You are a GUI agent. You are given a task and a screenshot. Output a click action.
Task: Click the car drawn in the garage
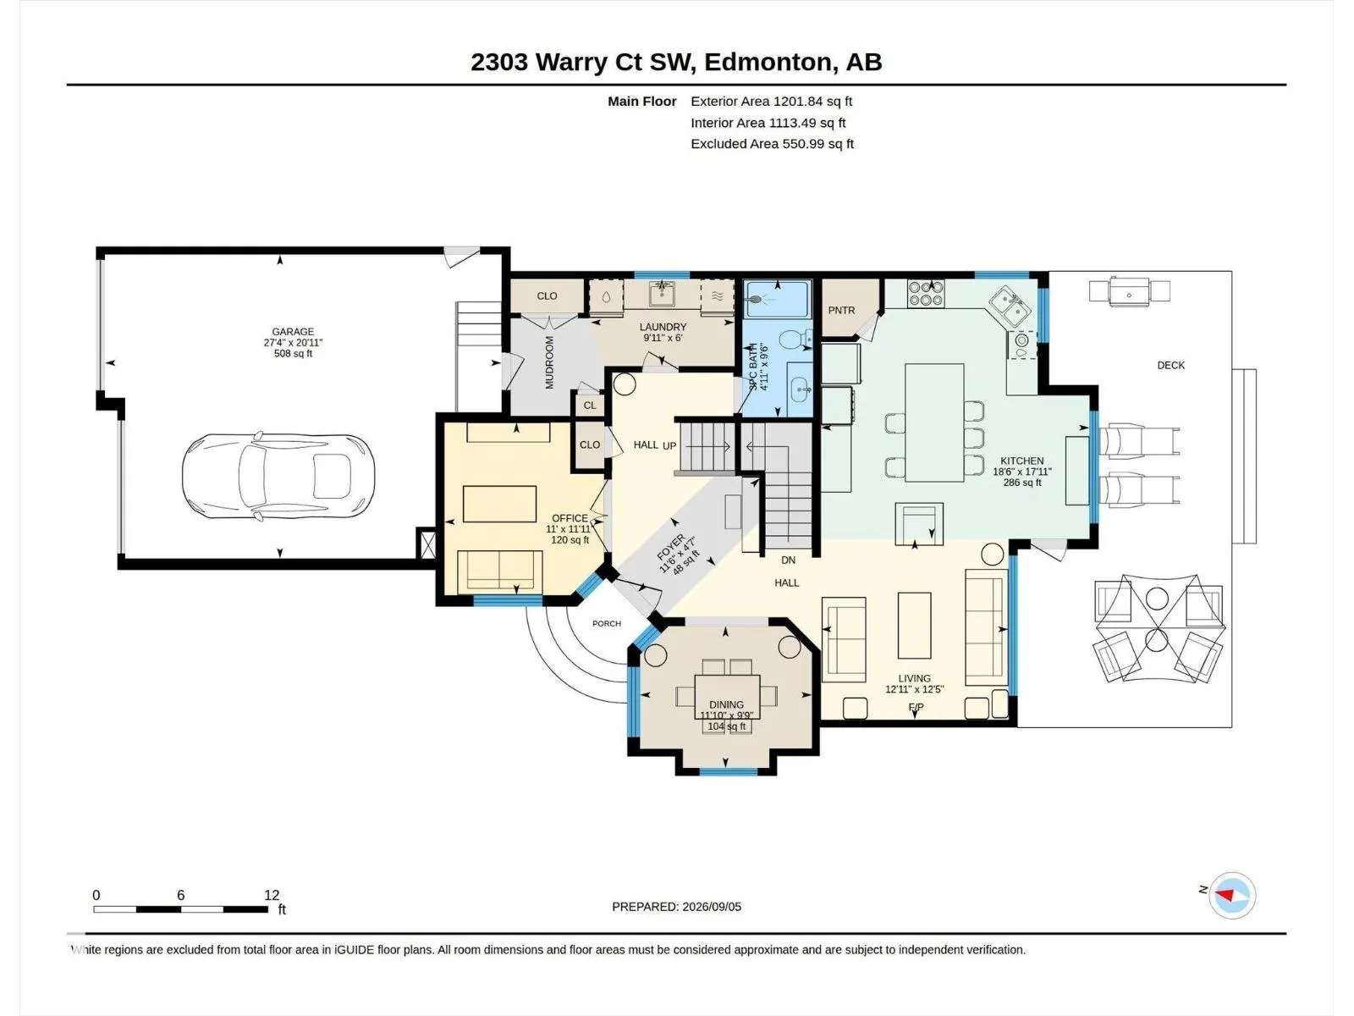click(278, 475)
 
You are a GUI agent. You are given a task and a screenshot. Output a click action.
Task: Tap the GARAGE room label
click(293, 332)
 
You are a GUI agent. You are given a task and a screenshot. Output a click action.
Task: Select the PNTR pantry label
click(841, 310)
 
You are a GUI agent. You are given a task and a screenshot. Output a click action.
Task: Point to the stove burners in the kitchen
click(925, 293)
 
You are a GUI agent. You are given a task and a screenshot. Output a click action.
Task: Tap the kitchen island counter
click(934, 422)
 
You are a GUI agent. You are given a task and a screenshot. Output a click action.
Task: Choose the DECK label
click(1171, 365)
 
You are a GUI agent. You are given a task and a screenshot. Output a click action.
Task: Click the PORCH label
click(607, 624)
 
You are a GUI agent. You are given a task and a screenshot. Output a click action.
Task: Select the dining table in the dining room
click(727, 697)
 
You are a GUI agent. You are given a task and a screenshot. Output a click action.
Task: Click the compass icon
click(1232, 896)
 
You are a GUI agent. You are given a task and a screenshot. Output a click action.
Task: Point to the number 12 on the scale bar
click(272, 895)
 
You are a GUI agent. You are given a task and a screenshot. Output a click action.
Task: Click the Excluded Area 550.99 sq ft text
click(773, 144)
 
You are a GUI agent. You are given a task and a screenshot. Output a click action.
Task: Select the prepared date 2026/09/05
click(712, 907)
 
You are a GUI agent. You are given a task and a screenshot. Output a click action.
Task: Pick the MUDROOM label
click(549, 362)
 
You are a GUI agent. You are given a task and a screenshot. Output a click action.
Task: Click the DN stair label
click(789, 560)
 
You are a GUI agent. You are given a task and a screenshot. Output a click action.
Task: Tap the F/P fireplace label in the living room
click(916, 707)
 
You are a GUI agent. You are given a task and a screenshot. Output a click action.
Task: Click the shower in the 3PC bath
click(777, 299)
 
